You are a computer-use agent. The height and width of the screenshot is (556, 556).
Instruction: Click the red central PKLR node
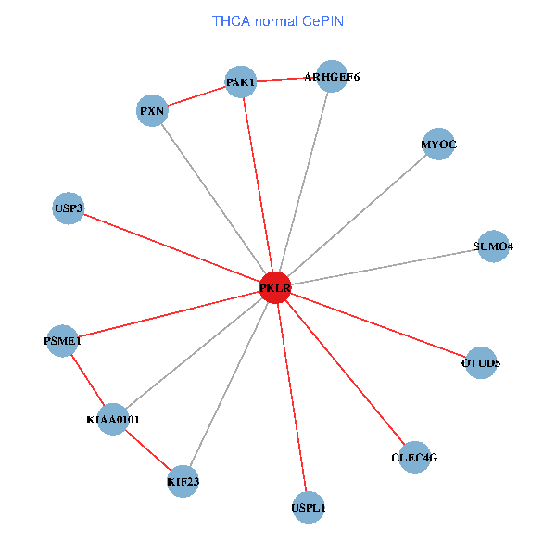click(275, 288)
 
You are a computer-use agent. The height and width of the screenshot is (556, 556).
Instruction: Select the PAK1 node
click(241, 82)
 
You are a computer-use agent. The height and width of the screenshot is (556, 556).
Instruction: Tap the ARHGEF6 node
click(332, 76)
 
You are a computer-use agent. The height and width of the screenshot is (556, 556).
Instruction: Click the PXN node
click(152, 111)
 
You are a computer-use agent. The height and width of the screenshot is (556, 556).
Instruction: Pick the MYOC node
click(437, 145)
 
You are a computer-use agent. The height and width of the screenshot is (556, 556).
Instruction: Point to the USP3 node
click(69, 208)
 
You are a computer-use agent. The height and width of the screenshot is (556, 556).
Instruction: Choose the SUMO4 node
click(493, 246)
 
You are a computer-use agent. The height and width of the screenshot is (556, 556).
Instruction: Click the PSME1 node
click(62, 341)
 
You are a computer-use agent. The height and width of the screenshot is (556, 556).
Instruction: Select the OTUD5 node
click(481, 362)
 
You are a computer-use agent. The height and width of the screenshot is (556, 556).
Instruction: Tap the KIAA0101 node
click(112, 420)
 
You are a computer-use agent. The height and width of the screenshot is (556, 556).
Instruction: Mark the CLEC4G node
click(414, 457)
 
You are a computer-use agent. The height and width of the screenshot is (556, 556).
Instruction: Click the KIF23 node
click(183, 481)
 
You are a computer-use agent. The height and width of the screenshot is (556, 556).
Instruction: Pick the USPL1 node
click(309, 507)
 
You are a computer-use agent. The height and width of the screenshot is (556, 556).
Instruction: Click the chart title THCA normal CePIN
click(278, 20)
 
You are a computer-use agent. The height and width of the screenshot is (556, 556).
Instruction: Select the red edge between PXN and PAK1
click(196, 96)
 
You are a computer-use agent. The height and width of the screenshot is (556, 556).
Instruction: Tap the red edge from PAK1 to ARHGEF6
click(286, 79)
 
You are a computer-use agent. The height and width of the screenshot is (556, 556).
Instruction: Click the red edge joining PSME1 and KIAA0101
click(87, 380)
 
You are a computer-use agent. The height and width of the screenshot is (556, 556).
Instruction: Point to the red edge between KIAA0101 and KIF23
click(148, 450)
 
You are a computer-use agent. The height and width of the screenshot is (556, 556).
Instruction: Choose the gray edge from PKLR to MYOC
click(357, 216)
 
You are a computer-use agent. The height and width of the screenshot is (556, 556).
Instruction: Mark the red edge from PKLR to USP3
click(171, 248)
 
